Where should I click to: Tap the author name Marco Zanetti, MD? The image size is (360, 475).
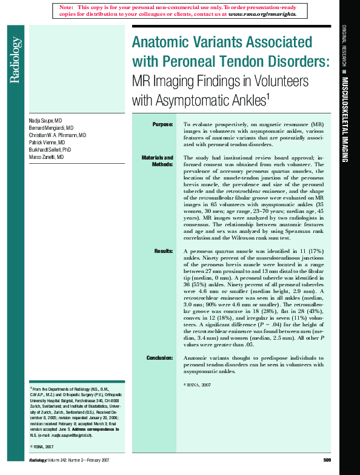click(46, 157)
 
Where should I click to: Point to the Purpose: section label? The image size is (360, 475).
click(162, 124)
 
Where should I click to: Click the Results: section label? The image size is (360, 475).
click(164, 251)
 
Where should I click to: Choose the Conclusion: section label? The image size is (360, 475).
click(159, 358)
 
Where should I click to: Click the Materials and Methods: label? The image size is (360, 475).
click(158, 161)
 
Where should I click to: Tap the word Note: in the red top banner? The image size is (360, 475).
click(67, 6)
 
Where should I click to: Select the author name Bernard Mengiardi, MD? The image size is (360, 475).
click(51, 129)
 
